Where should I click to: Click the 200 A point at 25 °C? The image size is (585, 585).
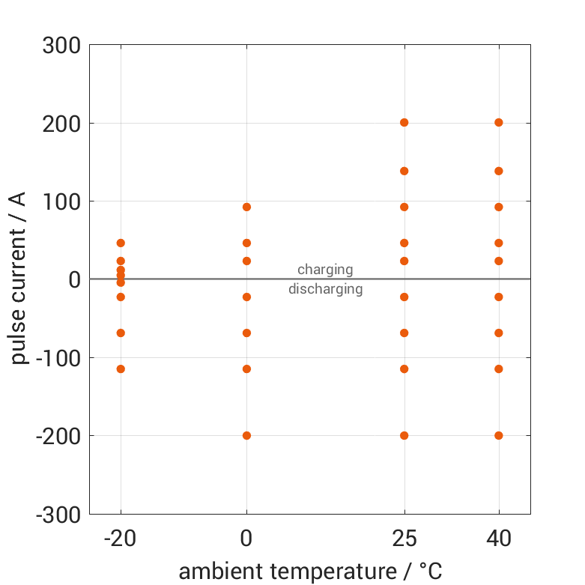tap(404, 122)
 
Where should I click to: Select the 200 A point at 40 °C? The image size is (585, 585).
tap(499, 122)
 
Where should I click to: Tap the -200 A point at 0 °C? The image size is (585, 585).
tap(246, 435)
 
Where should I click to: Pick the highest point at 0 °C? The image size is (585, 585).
tap(246, 207)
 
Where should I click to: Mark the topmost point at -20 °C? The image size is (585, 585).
tap(121, 243)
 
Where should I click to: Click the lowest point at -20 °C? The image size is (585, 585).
tap(121, 369)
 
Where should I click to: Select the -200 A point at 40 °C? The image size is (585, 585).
tap(499, 435)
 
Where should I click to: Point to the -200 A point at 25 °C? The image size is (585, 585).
tap(404, 435)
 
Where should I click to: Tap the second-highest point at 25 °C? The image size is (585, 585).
tap(404, 171)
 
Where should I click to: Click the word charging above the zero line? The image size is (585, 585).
tap(325, 270)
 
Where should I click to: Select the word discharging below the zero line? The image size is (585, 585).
tap(325, 289)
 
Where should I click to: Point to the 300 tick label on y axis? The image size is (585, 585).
tap(61, 46)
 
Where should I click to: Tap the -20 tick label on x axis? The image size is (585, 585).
tap(121, 539)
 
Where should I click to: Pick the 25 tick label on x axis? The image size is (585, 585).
tap(404, 539)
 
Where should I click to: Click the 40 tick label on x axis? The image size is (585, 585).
tap(499, 539)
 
